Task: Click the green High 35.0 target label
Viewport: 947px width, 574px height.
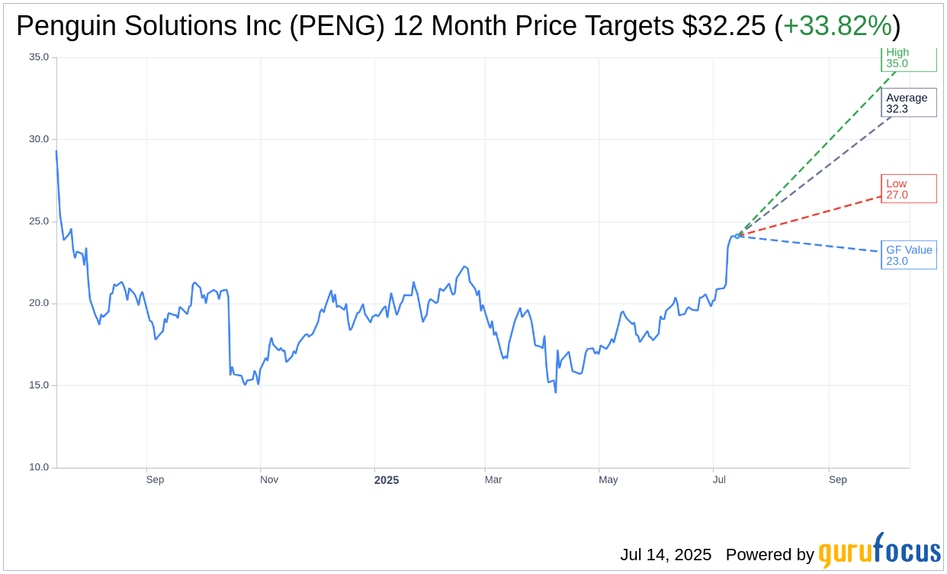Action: pyautogui.click(x=908, y=59)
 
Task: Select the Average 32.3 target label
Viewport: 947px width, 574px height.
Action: pyautogui.click(x=908, y=103)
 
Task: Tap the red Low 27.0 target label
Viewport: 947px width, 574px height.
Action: pyautogui.click(x=908, y=189)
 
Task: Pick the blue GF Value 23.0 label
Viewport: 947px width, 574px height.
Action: pyautogui.click(x=908, y=255)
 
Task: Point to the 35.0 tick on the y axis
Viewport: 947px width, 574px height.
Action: pyautogui.click(x=38, y=57)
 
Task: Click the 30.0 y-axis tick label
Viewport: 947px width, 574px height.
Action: pyautogui.click(x=38, y=139)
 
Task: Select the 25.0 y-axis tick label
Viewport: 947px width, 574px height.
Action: pyautogui.click(x=38, y=221)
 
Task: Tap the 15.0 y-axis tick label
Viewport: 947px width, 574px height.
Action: pyautogui.click(x=38, y=385)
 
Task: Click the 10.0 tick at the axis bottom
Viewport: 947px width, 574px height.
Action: pyautogui.click(x=38, y=467)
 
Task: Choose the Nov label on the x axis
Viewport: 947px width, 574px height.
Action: pyautogui.click(x=269, y=480)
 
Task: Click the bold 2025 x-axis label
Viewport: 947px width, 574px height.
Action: pyautogui.click(x=387, y=480)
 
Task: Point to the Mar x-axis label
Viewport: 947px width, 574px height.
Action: pyautogui.click(x=493, y=480)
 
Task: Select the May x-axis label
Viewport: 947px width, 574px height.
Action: pyautogui.click(x=608, y=480)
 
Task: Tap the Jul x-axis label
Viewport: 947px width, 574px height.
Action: pyautogui.click(x=719, y=480)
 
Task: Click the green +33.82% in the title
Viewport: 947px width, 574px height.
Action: pyautogui.click(x=837, y=27)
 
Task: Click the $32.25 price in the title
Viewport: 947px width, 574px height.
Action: pyautogui.click(x=724, y=27)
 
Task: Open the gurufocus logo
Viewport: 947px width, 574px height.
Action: pyautogui.click(x=879, y=551)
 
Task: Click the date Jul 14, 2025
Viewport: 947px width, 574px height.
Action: pyautogui.click(x=666, y=555)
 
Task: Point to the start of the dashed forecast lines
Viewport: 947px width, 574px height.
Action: pyautogui.click(x=737, y=237)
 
